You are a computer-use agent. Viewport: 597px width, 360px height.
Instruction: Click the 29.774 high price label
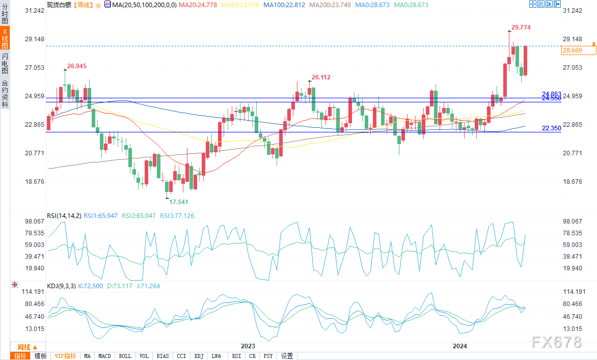tap(521, 27)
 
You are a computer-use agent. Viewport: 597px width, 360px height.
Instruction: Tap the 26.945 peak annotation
tap(77, 66)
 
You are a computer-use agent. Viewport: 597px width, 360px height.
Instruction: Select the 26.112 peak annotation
tap(321, 77)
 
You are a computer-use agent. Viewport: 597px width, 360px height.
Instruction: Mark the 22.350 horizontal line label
tap(551, 128)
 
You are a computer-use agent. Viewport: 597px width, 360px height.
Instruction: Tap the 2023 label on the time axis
tap(248, 346)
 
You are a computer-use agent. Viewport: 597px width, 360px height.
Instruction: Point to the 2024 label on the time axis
tap(460, 346)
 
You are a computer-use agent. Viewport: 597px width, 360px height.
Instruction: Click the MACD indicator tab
tap(104, 356)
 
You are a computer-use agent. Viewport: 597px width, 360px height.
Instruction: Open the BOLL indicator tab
tap(125, 356)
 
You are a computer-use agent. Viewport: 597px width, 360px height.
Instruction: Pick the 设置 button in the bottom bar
tap(287, 356)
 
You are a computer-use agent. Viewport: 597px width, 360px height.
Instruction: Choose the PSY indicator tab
tap(268, 356)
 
